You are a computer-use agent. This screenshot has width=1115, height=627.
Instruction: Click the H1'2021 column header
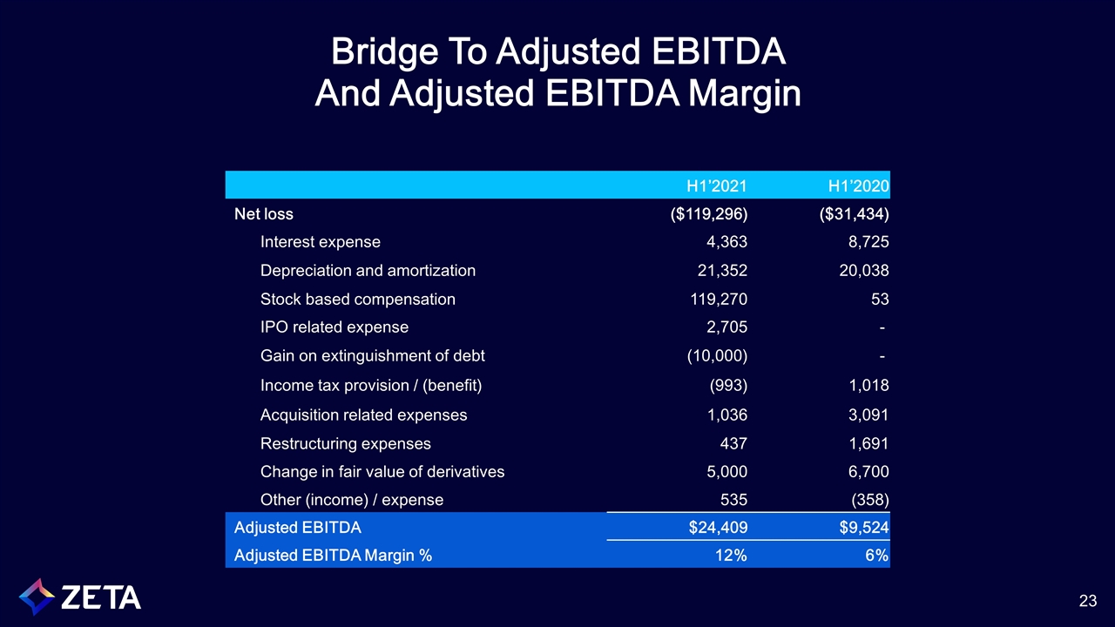coord(716,185)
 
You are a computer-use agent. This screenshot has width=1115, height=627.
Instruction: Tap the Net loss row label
coord(264,214)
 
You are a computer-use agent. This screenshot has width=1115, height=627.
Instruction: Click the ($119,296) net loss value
coord(705,214)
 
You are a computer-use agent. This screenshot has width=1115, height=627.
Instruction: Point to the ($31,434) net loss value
coord(853,214)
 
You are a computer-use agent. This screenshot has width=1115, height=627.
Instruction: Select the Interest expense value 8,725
coord(867,242)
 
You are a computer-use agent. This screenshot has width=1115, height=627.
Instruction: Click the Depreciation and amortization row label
coord(368,271)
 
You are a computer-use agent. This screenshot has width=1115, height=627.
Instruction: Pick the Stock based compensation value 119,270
coord(712,300)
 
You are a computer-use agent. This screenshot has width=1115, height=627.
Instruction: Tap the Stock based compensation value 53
coord(879,300)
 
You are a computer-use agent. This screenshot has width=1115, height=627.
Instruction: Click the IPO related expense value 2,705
coord(724,327)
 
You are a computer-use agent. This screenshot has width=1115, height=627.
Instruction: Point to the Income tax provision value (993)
coord(726,385)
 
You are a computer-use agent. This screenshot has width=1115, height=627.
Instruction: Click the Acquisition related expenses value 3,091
coord(867,415)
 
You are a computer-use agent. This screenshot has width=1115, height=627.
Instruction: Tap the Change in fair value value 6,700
coord(867,472)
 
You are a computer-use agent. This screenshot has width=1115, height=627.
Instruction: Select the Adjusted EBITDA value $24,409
coord(713,527)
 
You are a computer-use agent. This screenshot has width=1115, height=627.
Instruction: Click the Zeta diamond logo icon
coord(37,597)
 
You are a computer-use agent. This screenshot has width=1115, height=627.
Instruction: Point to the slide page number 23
coord(1087,600)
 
